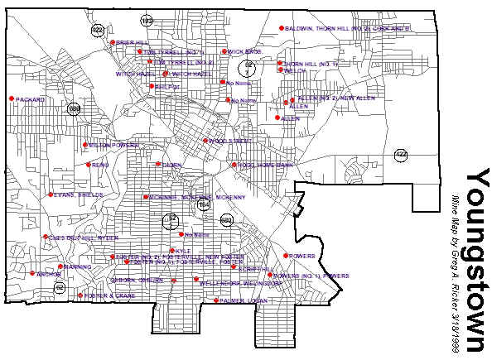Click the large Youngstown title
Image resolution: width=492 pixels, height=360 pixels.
(479, 261)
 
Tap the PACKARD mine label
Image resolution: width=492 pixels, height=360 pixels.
(29, 100)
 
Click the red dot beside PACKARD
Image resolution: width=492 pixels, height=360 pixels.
(12, 99)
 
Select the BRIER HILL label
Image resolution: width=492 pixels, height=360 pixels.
(132, 42)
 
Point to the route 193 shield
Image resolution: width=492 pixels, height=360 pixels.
(147, 20)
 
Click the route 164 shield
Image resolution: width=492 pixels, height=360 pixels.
(204, 205)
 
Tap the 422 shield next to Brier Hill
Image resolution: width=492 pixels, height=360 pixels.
(97, 30)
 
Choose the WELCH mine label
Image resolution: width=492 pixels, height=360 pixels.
(296, 71)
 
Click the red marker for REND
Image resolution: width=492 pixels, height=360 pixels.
(89, 164)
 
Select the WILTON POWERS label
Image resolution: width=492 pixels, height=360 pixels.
(113, 146)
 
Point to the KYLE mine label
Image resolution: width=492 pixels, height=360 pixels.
(183, 251)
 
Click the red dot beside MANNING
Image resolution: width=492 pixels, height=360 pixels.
(60, 266)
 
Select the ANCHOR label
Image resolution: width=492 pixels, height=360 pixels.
(50, 274)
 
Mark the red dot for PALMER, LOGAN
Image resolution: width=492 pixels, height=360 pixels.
(216, 300)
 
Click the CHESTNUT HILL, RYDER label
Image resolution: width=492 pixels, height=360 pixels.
(83, 238)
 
